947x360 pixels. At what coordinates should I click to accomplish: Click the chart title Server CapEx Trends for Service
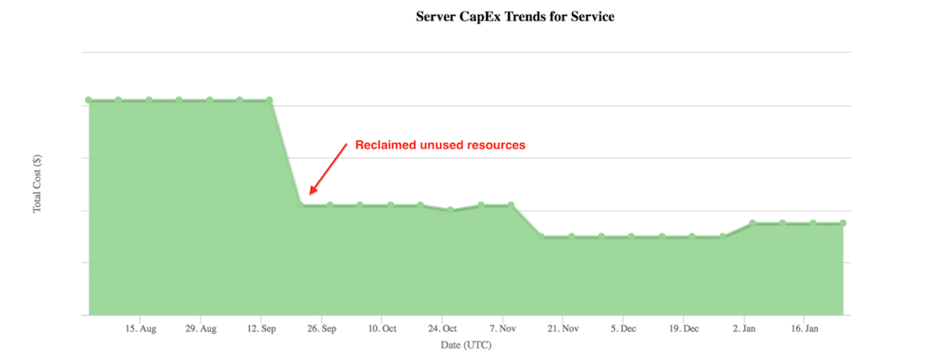(x=515, y=17)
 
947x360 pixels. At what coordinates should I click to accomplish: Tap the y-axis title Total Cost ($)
(x=37, y=183)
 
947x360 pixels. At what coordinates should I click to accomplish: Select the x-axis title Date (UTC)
(x=466, y=345)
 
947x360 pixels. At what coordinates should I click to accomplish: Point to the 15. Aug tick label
(x=142, y=328)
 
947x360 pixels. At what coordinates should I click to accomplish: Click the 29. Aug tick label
(x=202, y=328)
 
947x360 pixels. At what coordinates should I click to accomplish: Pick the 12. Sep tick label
(x=262, y=328)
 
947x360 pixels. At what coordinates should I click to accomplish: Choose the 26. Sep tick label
(x=322, y=328)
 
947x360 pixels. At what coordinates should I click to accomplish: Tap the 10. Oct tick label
(x=382, y=328)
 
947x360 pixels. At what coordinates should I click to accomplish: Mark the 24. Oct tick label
(x=443, y=328)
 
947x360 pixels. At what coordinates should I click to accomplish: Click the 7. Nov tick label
(x=503, y=328)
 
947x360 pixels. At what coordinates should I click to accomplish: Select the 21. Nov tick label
(x=563, y=328)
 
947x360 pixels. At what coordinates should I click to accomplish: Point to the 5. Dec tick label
(x=623, y=328)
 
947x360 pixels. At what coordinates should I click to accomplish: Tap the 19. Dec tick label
(x=684, y=328)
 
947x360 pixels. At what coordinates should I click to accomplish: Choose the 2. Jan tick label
(x=744, y=328)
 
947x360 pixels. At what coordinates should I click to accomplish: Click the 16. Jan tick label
(x=804, y=328)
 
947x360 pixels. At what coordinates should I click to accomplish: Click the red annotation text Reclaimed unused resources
(x=440, y=145)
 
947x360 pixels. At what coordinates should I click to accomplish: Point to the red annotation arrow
(x=328, y=168)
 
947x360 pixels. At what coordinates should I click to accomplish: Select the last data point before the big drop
(x=269, y=100)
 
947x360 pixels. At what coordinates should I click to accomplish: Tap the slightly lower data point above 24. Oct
(x=450, y=209)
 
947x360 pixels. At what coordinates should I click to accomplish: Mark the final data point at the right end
(x=843, y=223)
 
